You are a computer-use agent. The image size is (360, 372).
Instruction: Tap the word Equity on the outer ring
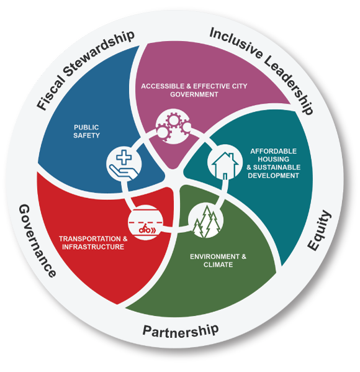pyautogui.click(x=320, y=230)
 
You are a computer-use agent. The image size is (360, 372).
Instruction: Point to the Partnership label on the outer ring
pyautogui.click(x=181, y=331)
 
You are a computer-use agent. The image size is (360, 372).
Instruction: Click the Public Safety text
pyautogui.click(x=86, y=132)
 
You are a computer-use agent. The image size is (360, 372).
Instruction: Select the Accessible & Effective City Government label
pyautogui.click(x=194, y=90)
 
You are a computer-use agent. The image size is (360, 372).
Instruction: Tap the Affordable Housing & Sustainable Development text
pyautogui.click(x=274, y=163)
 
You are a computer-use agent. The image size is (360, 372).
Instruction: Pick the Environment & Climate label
pyautogui.click(x=218, y=260)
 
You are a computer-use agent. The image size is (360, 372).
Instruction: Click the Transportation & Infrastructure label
pyautogui.click(x=93, y=243)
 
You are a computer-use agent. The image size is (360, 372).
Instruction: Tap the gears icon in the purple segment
pyautogui.click(x=173, y=127)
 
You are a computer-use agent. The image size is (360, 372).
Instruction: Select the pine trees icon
pyautogui.click(x=206, y=221)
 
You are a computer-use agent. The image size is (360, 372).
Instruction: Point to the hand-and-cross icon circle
pyautogui.click(x=124, y=164)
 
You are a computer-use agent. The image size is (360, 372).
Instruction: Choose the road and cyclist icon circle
pyautogui.click(x=145, y=222)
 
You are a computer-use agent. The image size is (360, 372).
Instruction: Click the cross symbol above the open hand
pyautogui.click(x=124, y=157)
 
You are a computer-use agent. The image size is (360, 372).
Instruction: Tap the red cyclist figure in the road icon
pyautogui.click(x=145, y=229)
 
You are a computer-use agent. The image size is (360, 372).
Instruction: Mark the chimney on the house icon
pyautogui.click(x=231, y=157)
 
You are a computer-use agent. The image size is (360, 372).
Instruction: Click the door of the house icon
pyautogui.click(x=225, y=176)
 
